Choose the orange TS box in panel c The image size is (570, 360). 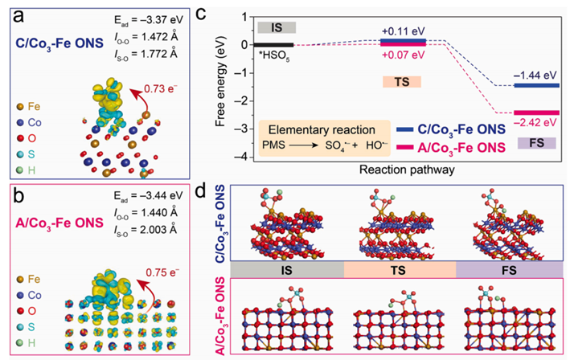coord(402,81)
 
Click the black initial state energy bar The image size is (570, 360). coord(273,44)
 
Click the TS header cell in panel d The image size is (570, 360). coord(399,271)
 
